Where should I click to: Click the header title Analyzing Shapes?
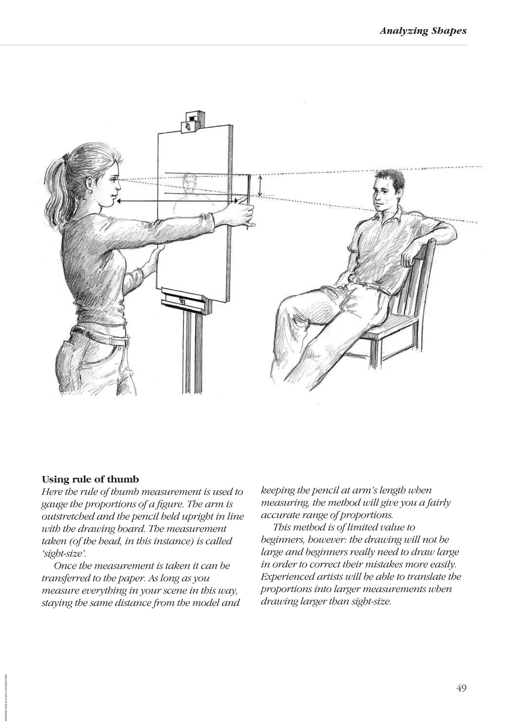[x=423, y=31]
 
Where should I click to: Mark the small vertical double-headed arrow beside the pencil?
[x=260, y=186]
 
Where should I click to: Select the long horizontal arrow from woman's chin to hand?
[x=177, y=201]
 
